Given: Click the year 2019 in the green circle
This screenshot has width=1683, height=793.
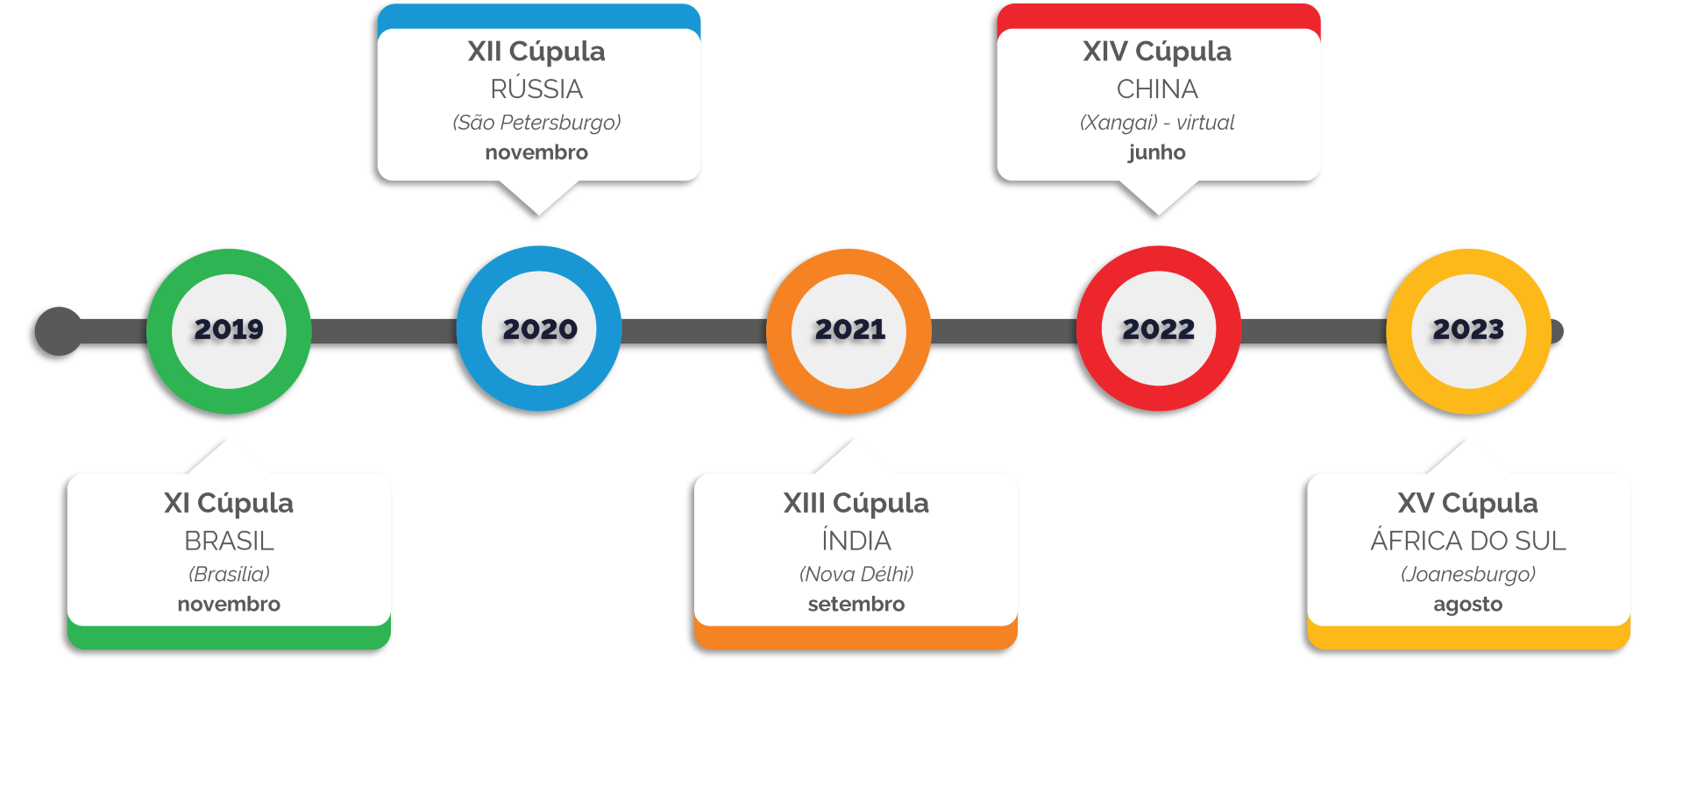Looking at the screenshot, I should (229, 329).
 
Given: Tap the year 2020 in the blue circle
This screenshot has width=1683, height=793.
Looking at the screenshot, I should (540, 329).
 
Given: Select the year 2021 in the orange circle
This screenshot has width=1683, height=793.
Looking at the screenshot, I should (850, 329).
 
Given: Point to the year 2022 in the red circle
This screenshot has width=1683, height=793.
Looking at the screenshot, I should (1159, 329).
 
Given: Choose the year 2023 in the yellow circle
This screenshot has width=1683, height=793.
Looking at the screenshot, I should (1468, 329).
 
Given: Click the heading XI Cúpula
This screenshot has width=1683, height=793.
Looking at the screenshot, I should (229, 503).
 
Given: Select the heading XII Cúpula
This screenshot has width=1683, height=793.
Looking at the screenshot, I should (536, 52).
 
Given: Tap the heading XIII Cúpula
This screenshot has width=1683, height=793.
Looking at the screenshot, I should (856, 503).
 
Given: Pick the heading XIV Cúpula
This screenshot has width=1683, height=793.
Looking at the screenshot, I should (1157, 52).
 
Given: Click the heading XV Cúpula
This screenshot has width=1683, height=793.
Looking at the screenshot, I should (1468, 503).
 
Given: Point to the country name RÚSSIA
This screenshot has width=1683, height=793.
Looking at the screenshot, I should (536, 89).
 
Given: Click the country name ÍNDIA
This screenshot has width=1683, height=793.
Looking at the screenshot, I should (856, 541).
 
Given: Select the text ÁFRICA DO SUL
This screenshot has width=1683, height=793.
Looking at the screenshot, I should (1468, 541).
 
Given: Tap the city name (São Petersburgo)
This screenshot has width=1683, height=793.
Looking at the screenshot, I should (536, 123).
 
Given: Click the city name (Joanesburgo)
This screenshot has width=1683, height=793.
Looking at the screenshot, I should (1468, 574).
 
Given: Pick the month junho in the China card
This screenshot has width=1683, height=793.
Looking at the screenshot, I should (1157, 152).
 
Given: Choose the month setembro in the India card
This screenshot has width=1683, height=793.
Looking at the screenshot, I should (856, 604).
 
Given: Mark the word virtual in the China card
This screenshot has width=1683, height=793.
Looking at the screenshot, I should (1205, 123).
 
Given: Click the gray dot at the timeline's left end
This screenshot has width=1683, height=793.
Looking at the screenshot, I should (59, 331).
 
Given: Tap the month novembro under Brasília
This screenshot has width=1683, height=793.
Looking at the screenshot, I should (229, 604).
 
